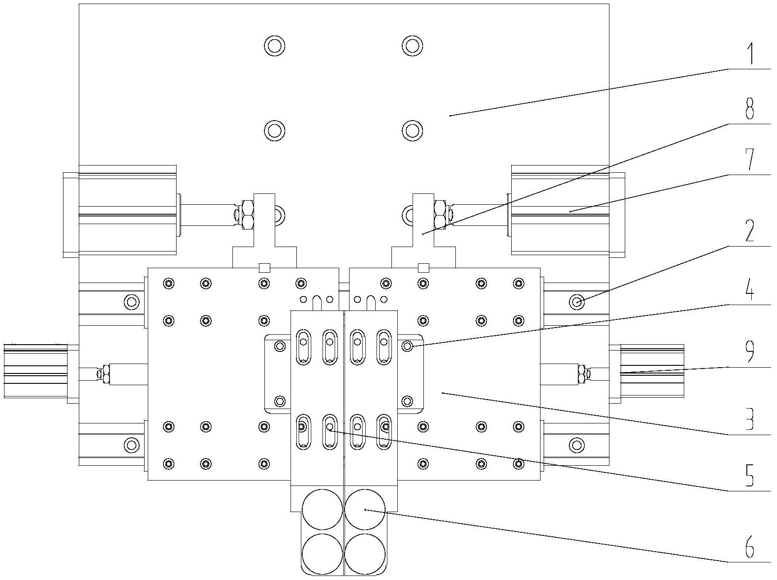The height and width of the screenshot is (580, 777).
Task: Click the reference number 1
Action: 750,54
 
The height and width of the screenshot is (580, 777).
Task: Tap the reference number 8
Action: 750,109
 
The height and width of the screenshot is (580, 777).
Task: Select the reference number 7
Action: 750,160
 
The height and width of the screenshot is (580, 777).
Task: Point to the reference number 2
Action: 750,231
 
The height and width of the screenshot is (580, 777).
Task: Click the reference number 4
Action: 750,291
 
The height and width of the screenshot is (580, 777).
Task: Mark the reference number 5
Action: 750,476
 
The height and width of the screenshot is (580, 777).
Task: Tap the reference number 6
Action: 750,547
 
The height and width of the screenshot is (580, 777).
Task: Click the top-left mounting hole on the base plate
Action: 274,45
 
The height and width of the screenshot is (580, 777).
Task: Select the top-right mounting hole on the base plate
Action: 412,45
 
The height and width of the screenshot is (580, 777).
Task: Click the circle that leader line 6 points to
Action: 365,509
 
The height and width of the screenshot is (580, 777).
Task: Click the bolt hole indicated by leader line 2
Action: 577,301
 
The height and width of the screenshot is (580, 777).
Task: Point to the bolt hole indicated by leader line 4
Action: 407,346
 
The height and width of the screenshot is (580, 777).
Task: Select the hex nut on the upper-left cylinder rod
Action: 246,214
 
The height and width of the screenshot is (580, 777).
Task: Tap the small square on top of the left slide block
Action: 264,268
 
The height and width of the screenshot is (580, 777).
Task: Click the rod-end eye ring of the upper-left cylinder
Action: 279,214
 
